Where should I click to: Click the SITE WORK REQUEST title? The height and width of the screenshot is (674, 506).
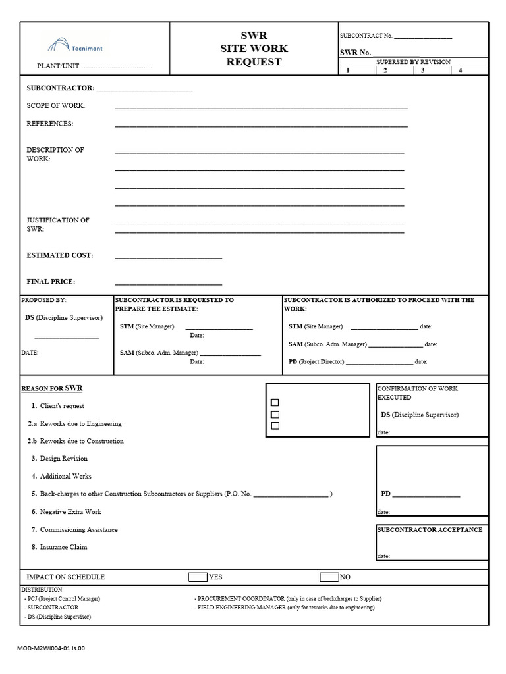[x=254, y=49]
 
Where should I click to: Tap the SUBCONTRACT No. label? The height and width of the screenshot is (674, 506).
[x=366, y=36]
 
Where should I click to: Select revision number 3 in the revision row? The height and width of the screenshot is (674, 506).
[x=422, y=70]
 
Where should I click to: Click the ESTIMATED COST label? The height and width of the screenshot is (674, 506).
[x=59, y=255]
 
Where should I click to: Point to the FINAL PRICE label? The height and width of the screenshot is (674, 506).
[x=51, y=282]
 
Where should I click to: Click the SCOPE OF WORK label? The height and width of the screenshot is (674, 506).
[x=56, y=106]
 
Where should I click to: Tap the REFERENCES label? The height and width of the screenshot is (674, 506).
[x=50, y=124]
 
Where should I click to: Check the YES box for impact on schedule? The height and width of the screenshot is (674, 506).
[x=198, y=577]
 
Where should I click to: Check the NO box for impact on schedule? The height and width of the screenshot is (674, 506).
[x=329, y=577]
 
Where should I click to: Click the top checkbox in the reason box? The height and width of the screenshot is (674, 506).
[x=275, y=402]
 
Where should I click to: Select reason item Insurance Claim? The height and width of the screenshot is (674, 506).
[x=63, y=547]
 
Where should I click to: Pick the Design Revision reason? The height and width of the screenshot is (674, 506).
[x=63, y=459]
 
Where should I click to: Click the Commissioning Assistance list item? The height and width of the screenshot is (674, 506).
[x=78, y=529]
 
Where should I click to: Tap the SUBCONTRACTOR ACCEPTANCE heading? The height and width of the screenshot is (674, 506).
[x=430, y=530]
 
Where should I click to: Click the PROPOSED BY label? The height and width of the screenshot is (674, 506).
[x=44, y=300]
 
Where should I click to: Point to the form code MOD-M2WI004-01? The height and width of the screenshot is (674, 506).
[x=51, y=648]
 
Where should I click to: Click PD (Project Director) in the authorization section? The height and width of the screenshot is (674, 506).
[x=316, y=361]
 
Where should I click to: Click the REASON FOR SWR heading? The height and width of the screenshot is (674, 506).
[x=52, y=388]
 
